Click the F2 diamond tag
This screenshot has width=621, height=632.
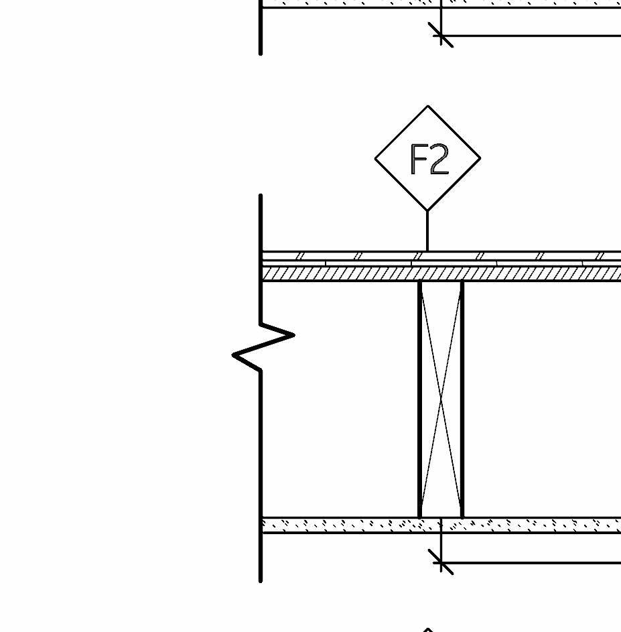427,158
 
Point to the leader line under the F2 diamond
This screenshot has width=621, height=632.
427,231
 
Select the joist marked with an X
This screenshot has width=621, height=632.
441,399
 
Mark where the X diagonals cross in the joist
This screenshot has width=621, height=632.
441,399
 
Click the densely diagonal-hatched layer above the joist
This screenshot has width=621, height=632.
348,273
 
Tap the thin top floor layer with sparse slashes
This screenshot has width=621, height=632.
348,256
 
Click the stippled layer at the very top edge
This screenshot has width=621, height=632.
348,3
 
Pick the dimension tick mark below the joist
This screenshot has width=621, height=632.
441,562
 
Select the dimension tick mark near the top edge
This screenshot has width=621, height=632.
441,35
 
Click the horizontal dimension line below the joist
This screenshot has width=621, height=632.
536,562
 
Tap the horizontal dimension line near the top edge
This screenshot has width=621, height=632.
536,35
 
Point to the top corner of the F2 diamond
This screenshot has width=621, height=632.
427,106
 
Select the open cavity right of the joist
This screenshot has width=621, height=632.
543,399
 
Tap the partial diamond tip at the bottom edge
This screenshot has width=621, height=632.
427,629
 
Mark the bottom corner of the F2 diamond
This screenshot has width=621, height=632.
427,210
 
